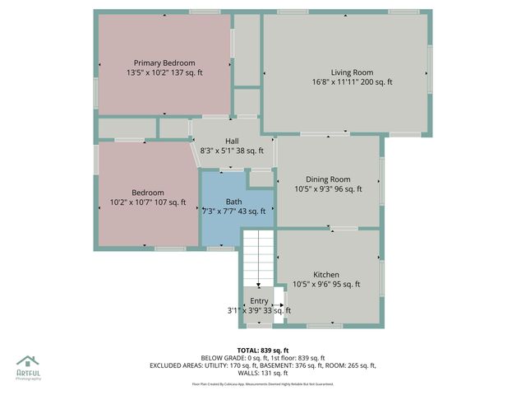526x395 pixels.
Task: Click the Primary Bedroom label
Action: pyautogui.click(x=164, y=63)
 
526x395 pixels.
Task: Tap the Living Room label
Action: pyautogui.click(x=351, y=72)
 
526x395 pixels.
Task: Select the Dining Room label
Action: pyautogui.click(x=328, y=179)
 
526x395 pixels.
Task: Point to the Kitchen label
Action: pyautogui.click(x=326, y=274)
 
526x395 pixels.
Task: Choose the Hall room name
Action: pyautogui.click(x=232, y=141)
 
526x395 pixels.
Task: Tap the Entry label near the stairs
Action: pyautogui.click(x=259, y=300)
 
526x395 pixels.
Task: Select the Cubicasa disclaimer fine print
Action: pyautogui.click(x=262, y=383)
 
